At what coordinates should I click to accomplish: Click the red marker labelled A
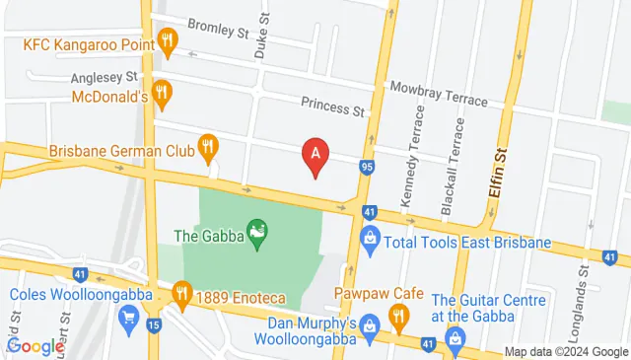click(x=315, y=156)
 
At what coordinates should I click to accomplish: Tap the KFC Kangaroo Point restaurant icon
click(x=169, y=42)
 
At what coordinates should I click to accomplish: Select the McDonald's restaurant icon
click(x=163, y=94)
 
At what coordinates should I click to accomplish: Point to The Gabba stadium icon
click(x=258, y=236)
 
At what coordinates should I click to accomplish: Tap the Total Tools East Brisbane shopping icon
click(x=370, y=237)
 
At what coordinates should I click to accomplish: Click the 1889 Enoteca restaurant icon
click(x=181, y=292)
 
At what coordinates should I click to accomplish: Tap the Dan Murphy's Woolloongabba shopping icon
click(x=370, y=324)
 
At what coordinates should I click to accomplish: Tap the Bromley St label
click(x=219, y=32)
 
